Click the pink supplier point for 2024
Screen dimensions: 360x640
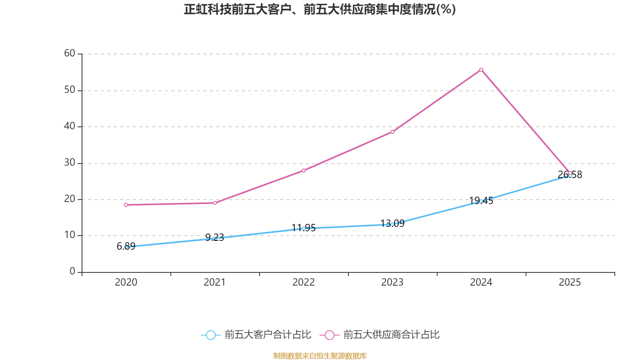tap(481, 70)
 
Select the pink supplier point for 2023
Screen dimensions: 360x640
tap(392, 132)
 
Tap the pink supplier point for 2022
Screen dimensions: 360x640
tap(304, 170)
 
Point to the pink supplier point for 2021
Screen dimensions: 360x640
tap(215, 203)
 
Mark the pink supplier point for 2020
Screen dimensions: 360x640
tap(126, 205)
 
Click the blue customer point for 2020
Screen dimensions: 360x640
tap(126, 247)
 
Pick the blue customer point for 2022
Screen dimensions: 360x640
tap(304, 228)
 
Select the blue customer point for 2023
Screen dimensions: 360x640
tap(392, 224)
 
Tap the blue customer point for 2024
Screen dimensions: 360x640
tap(481, 201)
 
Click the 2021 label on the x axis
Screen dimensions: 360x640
tap(215, 282)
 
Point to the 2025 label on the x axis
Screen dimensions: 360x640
tap(570, 282)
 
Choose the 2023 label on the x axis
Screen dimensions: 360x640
tap(392, 282)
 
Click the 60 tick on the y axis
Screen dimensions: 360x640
tap(70, 54)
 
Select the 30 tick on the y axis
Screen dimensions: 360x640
tap(70, 163)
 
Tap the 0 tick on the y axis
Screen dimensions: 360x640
tap(72, 272)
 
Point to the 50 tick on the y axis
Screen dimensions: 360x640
tap(70, 90)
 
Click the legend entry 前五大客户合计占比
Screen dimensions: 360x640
tap(256, 335)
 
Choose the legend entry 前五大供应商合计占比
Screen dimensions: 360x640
tap(380, 335)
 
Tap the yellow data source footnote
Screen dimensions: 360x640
tap(320, 356)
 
